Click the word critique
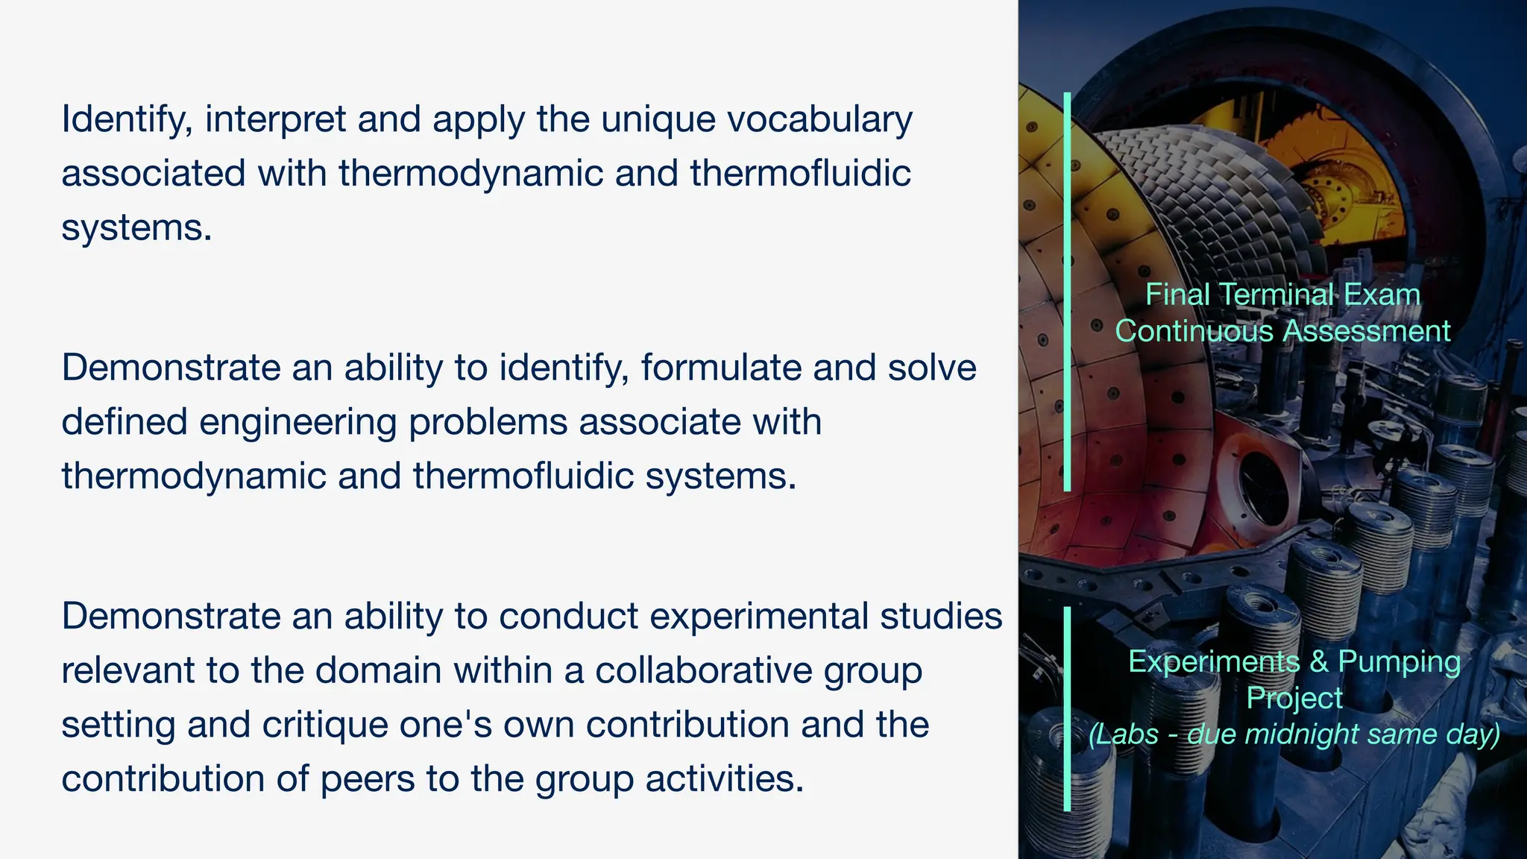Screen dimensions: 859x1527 point(330,726)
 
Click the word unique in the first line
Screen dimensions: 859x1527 point(658,119)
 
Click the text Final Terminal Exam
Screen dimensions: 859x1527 point(1282,295)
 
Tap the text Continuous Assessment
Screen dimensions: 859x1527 point(1282,331)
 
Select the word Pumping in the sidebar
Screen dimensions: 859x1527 point(1399,662)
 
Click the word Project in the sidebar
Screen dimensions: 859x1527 point(1294,699)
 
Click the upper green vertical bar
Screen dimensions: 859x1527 point(1067,291)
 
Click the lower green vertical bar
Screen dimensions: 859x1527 point(1067,708)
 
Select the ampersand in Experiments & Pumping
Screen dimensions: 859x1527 point(1319,662)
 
